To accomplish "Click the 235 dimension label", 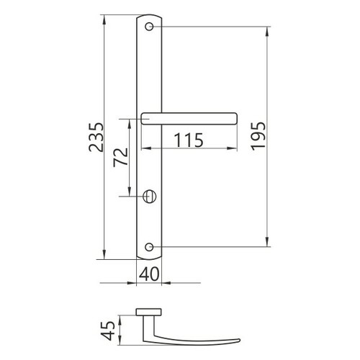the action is click(96, 138).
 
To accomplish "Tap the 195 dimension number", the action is click(258, 136).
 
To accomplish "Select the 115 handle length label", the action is click(189, 140).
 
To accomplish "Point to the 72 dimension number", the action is click(121, 158).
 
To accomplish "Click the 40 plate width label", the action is click(149, 274).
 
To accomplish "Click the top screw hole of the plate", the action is click(149, 27).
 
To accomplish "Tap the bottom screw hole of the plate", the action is click(149, 247).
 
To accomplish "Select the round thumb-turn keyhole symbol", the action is click(149, 197).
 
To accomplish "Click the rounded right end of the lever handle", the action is click(236, 119).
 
